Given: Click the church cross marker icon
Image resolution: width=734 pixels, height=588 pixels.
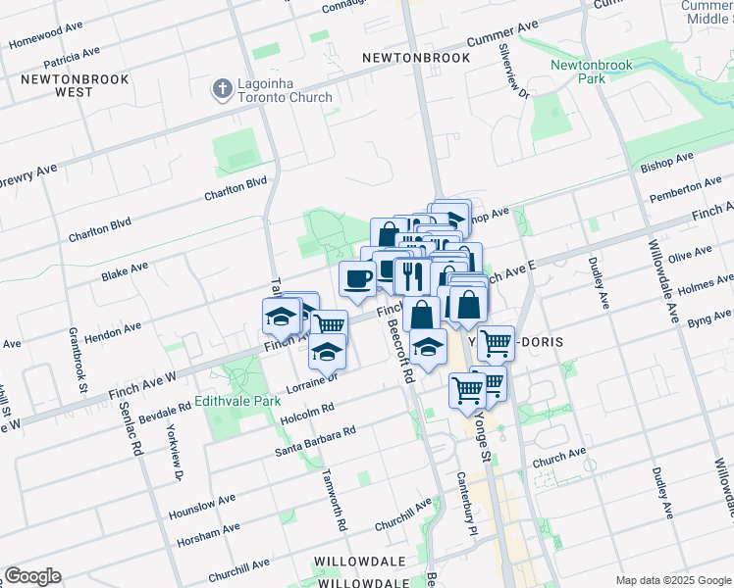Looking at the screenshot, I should [223, 90].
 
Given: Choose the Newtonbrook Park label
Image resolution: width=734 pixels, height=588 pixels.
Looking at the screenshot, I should [578, 72].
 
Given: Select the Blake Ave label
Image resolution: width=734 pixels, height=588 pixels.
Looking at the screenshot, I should [124, 271].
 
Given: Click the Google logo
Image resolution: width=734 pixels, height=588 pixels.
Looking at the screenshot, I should [32, 576].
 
